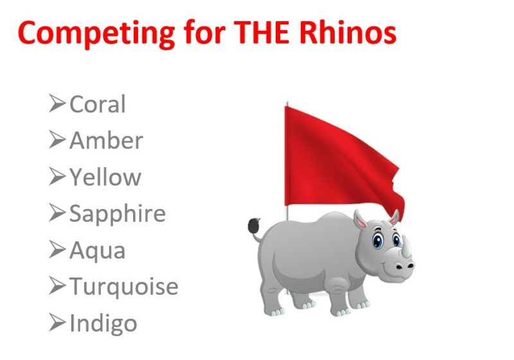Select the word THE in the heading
click(261, 32)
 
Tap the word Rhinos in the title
click(348, 32)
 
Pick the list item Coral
click(98, 104)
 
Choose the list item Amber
click(106, 141)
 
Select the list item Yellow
click(105, 177)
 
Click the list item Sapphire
click(118, 214)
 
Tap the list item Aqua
click(98, 251)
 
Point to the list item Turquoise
click(124, 287)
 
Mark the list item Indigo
click(103, 324)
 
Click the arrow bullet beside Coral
click(57, 104)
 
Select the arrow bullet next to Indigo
click(57, 322)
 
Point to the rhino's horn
click(407, 247)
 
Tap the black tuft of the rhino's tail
click(254, 226)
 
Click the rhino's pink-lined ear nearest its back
click(360, 221)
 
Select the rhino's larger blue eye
click(378, 240)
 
